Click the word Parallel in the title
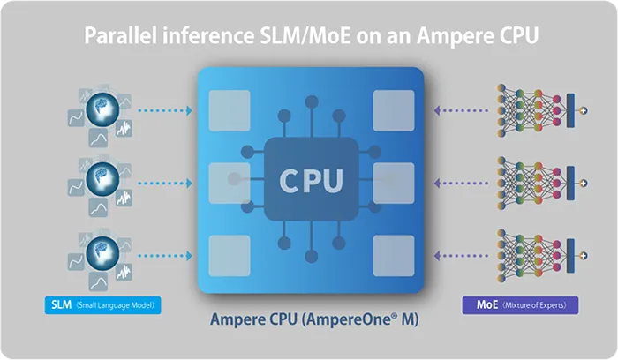pyautogui.click(x=118, y=38)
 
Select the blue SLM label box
pyautogui.click(x=61, y=306)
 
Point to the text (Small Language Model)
pyautogui.click(x=116, y=306)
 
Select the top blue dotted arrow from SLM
pyautogui.click(x=166, y=111)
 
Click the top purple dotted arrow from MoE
pyautogui.click(x=462, y=111)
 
